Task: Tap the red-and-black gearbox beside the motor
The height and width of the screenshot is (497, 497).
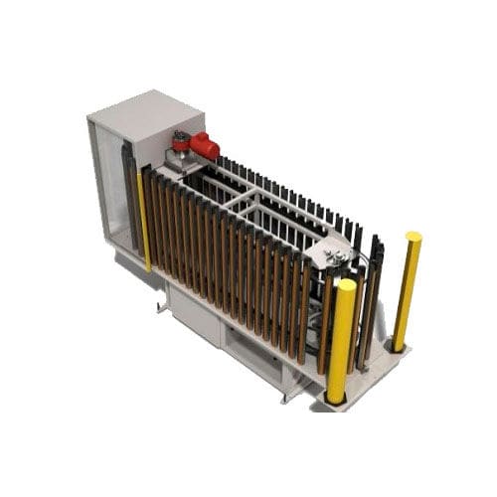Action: [x=181, y=141]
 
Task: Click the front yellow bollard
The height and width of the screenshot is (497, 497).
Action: [x=341, y=338]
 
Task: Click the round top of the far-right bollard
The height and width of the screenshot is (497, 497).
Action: [x=413, y=238]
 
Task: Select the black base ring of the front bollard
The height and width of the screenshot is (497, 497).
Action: [x=335, y=398]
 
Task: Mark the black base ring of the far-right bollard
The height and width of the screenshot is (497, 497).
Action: [x=398, y=346]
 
